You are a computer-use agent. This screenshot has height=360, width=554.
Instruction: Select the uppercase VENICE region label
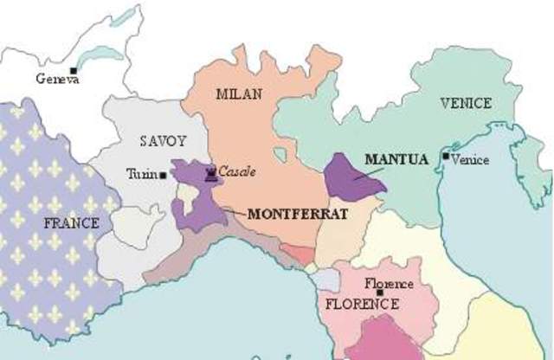pos(465,104)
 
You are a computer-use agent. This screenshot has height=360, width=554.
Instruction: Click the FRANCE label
pos(71,223)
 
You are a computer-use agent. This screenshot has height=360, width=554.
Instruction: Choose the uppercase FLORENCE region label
pos(362,304)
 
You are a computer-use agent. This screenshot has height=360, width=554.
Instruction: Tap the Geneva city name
pos(58,80)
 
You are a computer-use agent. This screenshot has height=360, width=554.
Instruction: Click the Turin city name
pos(141,174)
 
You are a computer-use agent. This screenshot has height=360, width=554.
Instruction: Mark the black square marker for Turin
pos(163,175)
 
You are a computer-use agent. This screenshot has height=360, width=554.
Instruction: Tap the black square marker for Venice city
pos(445,157)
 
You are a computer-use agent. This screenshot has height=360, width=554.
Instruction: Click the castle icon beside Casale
pos(210,173)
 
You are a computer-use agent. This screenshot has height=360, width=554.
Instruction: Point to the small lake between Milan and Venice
pos(280,156)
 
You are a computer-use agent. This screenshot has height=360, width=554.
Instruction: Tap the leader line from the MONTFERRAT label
pos(234,210)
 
